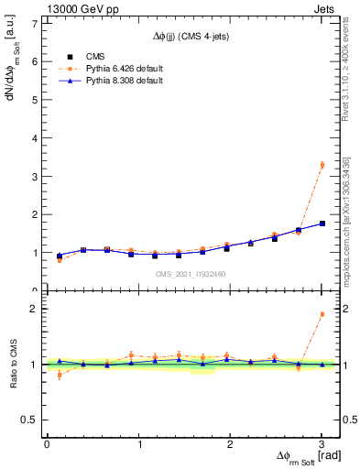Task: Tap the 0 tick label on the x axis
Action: [47, 444]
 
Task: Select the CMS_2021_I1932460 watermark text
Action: [191, 273]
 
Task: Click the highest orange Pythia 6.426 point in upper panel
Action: [322, 165]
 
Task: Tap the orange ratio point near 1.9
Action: [322, 314]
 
